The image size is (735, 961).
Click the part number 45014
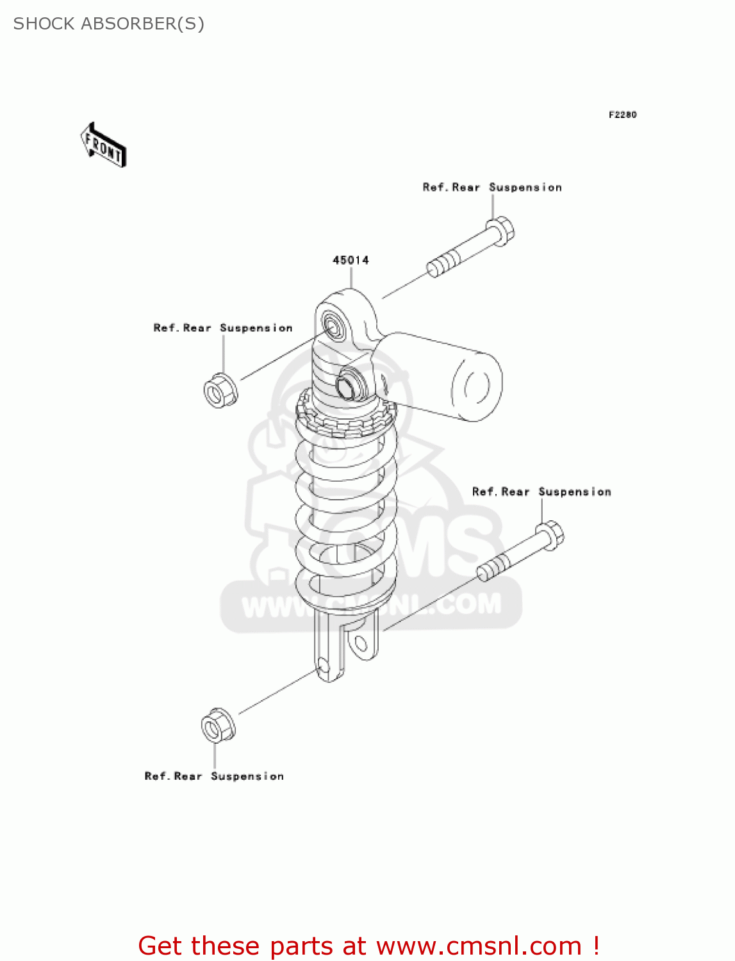click(x=351, y=260)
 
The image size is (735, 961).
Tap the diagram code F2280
click(x=622, y=115)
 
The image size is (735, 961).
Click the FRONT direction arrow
click(x=103, y=145)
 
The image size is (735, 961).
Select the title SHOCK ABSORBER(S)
click(x=109, y=24)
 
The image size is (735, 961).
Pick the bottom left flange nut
click(x=217, y=726)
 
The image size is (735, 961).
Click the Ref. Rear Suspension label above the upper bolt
click(x=492, y=187)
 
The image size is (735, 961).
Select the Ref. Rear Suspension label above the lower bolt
click(x=541, y=491)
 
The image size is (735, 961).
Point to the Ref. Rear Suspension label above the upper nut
click(x=223, y=328)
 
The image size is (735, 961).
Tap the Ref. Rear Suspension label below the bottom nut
click(x=214, y=776)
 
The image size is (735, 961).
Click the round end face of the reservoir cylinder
click(x=476, y=386)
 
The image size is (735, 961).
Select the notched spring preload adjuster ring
click(x=345, y=420)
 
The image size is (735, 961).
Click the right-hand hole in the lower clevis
click(x=361, y=643)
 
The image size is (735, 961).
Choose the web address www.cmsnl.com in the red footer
click(x=479, y=946)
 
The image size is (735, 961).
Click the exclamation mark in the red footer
click(x=596, y=946)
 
